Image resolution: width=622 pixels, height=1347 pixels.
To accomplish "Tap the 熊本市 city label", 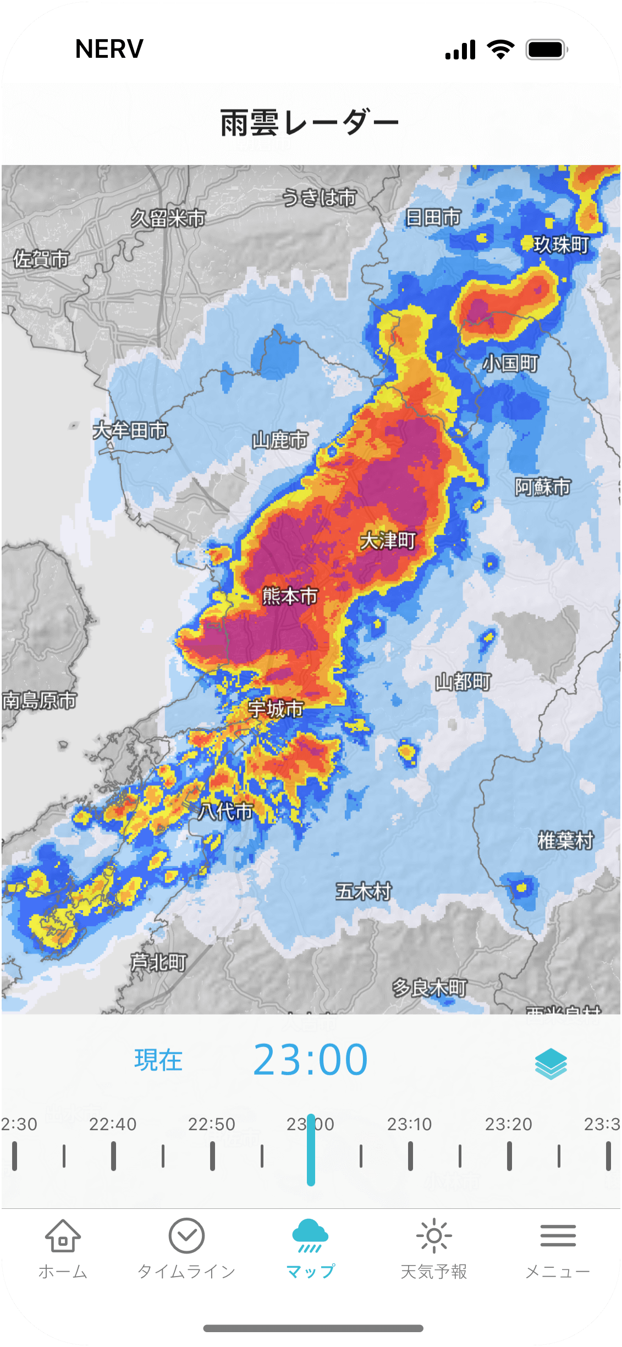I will (290, 596).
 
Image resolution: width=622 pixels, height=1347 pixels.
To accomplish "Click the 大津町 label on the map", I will (388, 541).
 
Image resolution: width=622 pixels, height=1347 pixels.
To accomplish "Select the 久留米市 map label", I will (168, 218).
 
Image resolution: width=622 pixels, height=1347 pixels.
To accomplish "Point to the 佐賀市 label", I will (42, 259).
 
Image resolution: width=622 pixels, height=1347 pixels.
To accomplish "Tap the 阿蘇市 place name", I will (542, 487).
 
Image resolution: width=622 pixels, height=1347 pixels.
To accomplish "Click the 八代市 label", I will (225, 811).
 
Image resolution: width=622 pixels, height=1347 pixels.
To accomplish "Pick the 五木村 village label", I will (364, 891).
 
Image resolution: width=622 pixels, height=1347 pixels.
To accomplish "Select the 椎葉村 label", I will (565, 840).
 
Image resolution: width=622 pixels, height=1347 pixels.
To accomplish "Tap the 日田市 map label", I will (433, 217).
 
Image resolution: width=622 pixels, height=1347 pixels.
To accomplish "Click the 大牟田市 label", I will (130, 430).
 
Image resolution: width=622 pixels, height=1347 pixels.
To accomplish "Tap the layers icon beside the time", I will (551, 1063).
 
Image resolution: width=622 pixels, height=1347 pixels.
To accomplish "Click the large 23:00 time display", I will (310, 1060).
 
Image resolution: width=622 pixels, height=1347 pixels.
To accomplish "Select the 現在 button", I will (158, 1060).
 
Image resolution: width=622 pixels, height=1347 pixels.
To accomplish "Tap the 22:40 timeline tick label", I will (113, 1124).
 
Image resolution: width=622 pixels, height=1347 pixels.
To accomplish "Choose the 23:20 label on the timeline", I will (509, 1124).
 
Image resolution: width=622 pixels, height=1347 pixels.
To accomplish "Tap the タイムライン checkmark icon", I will (186, 1236).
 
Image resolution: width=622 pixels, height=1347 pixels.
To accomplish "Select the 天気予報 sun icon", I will (434, 1236).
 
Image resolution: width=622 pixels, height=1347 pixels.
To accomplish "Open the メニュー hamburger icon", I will (558, 1236).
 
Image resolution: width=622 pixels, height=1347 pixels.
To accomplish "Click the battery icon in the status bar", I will (546, 50).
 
